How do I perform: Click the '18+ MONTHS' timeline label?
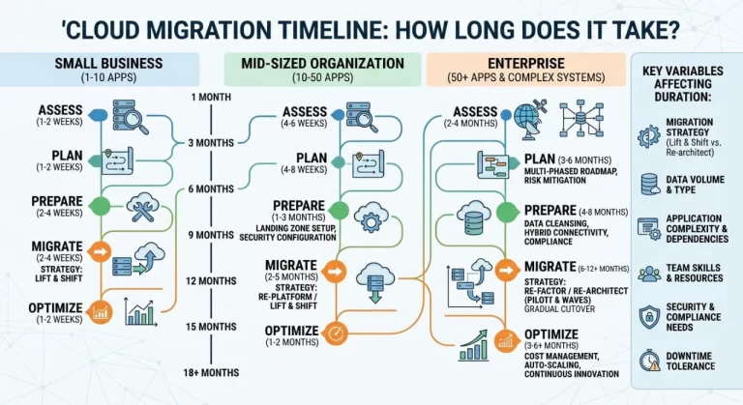[x=210, y=372]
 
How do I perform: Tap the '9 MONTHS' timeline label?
[x=210, y=234]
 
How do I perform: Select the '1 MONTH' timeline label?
[x=210, y=97]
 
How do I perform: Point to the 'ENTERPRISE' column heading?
[x=526, y=63]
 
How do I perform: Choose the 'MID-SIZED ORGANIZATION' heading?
[x=314, y=63]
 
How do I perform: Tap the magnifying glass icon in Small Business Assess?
[x=130, y=119]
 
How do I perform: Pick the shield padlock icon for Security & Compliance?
[x=648, y=316]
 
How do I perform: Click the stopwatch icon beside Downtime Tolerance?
[x=648, y=360]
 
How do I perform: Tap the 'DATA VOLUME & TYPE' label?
[x=694, y=184]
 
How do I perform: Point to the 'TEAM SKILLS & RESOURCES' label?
[x=694, y=272]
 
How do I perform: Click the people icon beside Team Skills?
[x=648, y=274]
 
